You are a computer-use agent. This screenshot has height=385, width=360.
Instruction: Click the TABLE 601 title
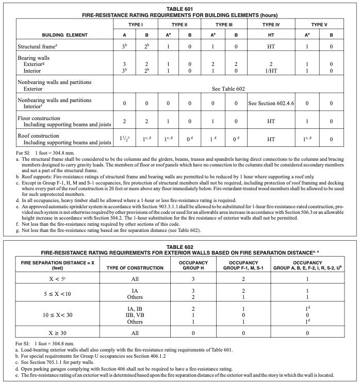[x=180, y=9]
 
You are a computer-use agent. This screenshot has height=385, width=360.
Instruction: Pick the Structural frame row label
[x=28, y=46]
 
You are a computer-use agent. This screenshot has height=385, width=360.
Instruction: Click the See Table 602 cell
[x=231, y=88]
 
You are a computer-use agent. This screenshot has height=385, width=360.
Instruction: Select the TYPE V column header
[x=319, y=25]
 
